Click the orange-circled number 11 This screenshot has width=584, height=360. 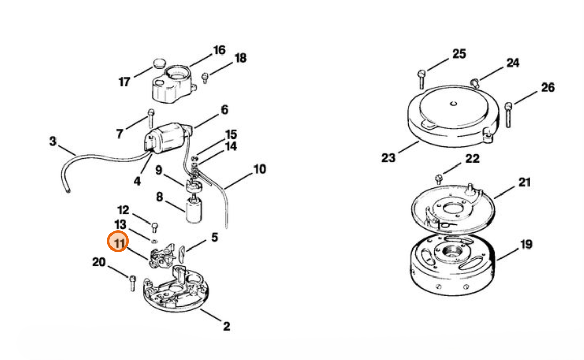click(x=118, y=241)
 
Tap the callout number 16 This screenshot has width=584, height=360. click(x=219, y=50)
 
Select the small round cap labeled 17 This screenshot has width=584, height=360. click(x=159, y=63)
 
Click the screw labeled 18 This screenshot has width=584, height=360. click(x=205, y=78)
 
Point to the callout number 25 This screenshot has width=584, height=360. click(x=459, y=54)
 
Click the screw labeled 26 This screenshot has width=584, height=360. click(x=509, y=115)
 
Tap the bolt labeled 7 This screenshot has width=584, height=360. click(x=151, y=118)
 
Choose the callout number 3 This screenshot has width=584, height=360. click(x=53, y=141)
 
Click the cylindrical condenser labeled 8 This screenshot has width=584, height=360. click(x=194, y=210)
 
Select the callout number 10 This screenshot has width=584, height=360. click(x=260, y=170)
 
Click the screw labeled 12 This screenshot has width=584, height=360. click(x=155, y=227)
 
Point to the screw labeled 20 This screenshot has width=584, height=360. click(x=132, y=283)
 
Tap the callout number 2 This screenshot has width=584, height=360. click(x=227, y=326)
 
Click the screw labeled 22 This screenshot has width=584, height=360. click(x=439, y=179)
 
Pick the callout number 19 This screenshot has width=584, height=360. click(x=526, y=244)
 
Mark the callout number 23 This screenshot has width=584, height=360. click(x=388, y=158)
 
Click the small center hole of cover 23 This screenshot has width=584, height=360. click(x=453, y=104)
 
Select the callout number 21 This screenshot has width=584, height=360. click(x=524, y=182)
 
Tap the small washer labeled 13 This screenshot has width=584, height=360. click(x=155, y=241)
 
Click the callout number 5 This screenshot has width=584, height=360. click(x=214, y=237)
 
